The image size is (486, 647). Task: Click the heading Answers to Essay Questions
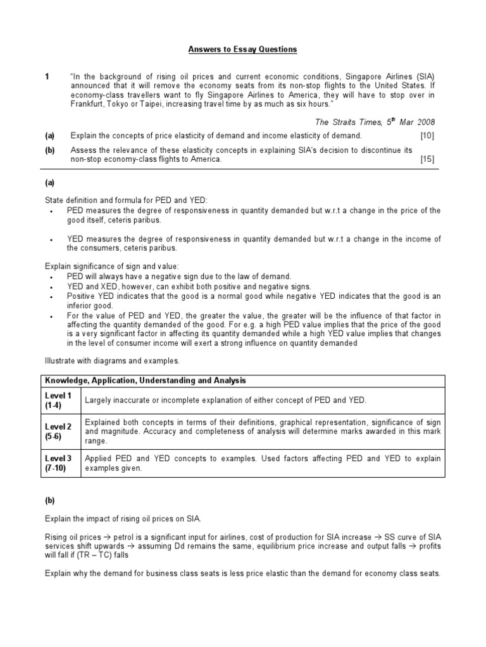[243, 49]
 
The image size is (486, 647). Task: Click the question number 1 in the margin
[47, 76]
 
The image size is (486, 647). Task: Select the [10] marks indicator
[427, 136]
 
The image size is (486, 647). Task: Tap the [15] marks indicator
[427, 160]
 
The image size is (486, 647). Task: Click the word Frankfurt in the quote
[90, 104]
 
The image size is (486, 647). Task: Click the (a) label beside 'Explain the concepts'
[49, 136]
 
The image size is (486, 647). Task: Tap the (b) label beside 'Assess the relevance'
[49, 150]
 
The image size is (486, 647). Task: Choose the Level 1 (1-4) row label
[57, 400]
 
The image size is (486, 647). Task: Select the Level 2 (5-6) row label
[57, 432]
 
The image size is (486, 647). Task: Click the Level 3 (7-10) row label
[57, 463]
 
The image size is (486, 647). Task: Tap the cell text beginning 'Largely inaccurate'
[225, 400]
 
